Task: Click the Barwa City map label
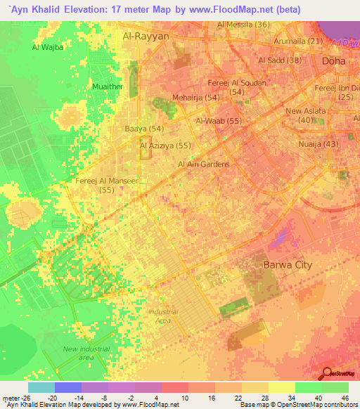(287, 265)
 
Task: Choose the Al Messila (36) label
(244, 25)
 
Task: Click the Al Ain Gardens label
(203, 164)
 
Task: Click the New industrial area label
(77, 353)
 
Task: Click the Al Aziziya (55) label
(165, 145)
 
